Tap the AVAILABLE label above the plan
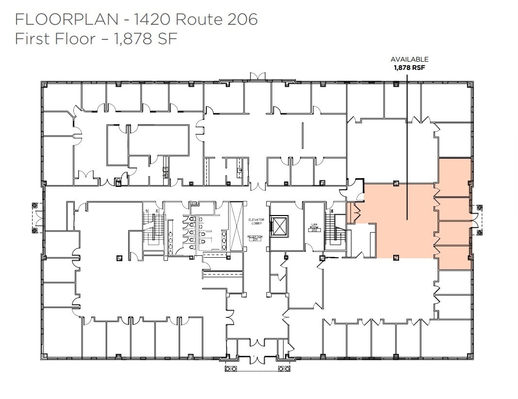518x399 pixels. pyautogui.click(x=409, y=59)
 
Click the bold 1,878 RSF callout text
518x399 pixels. pyautogui.click(x=409, y=68)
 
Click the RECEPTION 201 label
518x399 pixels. pyautogui.click(x=255, y=238)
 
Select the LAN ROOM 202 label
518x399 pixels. pyautogui.click(x=314, y=228)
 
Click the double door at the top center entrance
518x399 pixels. pyautogui.click(x=257, y=76)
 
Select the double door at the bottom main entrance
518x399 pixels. pyautogui.click(x=257, y=360)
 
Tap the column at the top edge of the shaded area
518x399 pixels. pyautogui.click(x=396, y=183)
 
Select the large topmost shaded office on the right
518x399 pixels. pyautogui.click(x=454, y=177)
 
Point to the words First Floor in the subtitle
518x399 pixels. pyautogui.click(x=55, y=38)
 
